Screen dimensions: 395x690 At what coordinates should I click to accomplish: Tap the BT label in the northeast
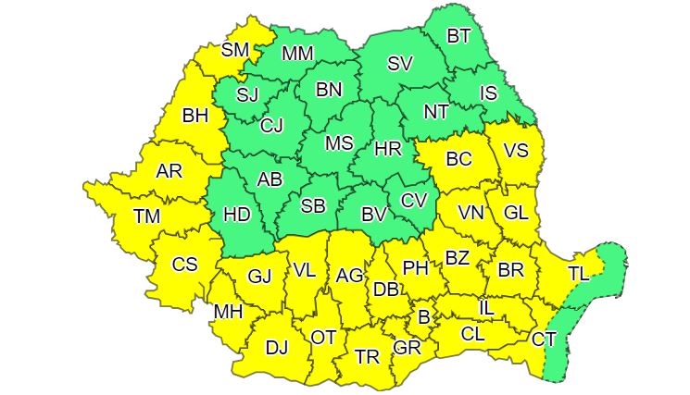(459, 36)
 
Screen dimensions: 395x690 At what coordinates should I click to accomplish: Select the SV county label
(400, 64)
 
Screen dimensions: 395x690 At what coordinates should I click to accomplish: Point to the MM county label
(297, 54)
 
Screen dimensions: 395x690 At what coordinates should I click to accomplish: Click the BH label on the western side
(195, 117)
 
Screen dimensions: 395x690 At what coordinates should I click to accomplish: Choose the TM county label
(146, 216)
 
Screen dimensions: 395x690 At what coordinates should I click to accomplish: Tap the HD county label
(237, 215)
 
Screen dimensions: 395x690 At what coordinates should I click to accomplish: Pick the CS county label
(185, 264)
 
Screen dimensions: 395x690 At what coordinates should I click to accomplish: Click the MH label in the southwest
(228, 312)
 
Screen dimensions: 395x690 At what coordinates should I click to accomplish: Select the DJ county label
(276, 348)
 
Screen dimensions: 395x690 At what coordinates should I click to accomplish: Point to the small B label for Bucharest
(424, 317)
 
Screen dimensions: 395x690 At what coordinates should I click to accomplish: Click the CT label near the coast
(544, 339)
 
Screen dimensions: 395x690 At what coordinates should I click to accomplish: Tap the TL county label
(578, 273)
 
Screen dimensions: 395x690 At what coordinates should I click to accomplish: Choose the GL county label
(516, 212)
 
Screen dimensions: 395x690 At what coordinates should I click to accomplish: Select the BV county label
(373, 215)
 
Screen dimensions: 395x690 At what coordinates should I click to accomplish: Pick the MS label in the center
(340, 143)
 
